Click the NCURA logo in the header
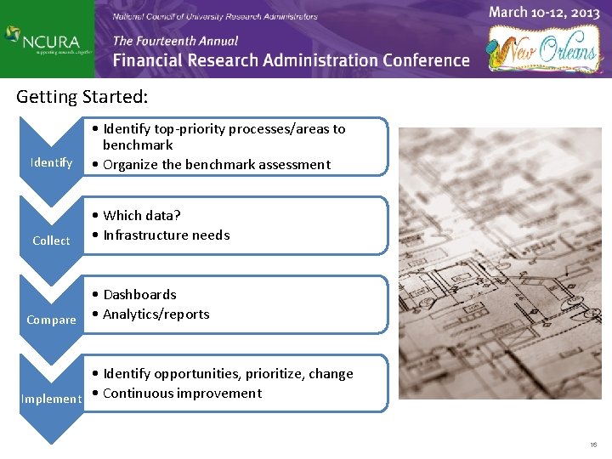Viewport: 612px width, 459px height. click(46, 39)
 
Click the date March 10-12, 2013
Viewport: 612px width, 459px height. click(544, 13)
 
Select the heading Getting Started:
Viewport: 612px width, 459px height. click(82, 97)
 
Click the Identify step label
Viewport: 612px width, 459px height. click(51, 162)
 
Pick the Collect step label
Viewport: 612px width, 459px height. click(51, 241)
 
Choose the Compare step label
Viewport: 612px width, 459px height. click(51, 320)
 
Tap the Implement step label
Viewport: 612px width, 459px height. click(51, 399)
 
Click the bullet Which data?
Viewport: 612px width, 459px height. click(141, 216)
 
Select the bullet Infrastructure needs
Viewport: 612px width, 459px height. click(166, 235)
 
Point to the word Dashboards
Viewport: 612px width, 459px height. click(139, 295)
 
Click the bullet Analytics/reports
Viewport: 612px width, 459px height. click(156, 314)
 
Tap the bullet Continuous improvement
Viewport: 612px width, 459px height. click(182, 394)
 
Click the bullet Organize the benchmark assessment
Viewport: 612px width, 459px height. click(216, 165)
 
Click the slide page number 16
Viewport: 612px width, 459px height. click(592, 445)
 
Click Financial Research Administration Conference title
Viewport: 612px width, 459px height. click(291, 60)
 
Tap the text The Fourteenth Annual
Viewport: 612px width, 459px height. click(175, 41)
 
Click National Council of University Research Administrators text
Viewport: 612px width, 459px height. click(215, 16)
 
